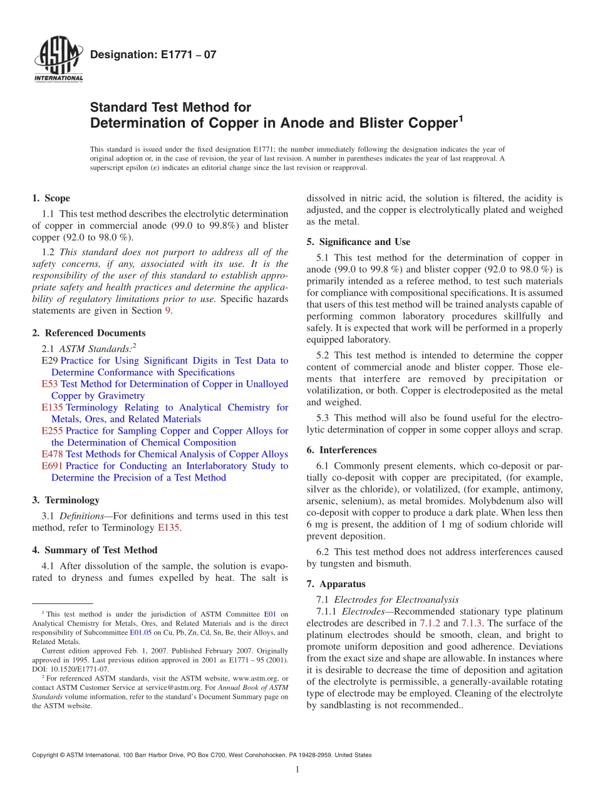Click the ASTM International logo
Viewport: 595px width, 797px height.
pos(58,61)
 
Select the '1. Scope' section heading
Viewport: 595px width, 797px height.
pos(51,199)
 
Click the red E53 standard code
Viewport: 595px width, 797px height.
pos(49,383)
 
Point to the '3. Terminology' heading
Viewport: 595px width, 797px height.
pos(66,500)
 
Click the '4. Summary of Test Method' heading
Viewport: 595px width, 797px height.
pos(95,550)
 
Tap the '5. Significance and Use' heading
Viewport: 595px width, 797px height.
pos(358,242)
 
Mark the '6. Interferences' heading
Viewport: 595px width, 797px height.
pos(341,450)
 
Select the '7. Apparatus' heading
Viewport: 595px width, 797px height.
pos(336,584)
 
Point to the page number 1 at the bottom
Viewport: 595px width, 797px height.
pos(297,770)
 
